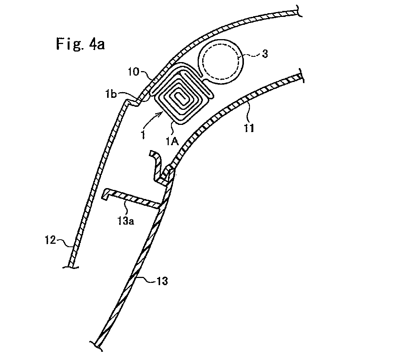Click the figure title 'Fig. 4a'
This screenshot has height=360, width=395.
click(x=80, y=44)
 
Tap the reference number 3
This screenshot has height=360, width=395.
click(x=265, y=54)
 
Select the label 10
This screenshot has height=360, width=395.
click(x=133, y=72)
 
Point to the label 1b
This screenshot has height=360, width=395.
click(x=111, y=94)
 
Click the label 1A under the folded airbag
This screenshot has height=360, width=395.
click(x=172, y=141)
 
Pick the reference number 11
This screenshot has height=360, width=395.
click(x=249, y=128)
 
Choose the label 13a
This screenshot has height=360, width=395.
click(x=126, y=221)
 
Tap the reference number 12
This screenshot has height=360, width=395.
click(x=50, y=240)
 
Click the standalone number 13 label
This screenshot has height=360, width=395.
click(x=162, y=281)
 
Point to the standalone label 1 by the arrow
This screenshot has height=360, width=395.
click(x=143, y=135)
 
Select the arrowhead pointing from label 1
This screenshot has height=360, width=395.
click(x=160, y=115)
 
